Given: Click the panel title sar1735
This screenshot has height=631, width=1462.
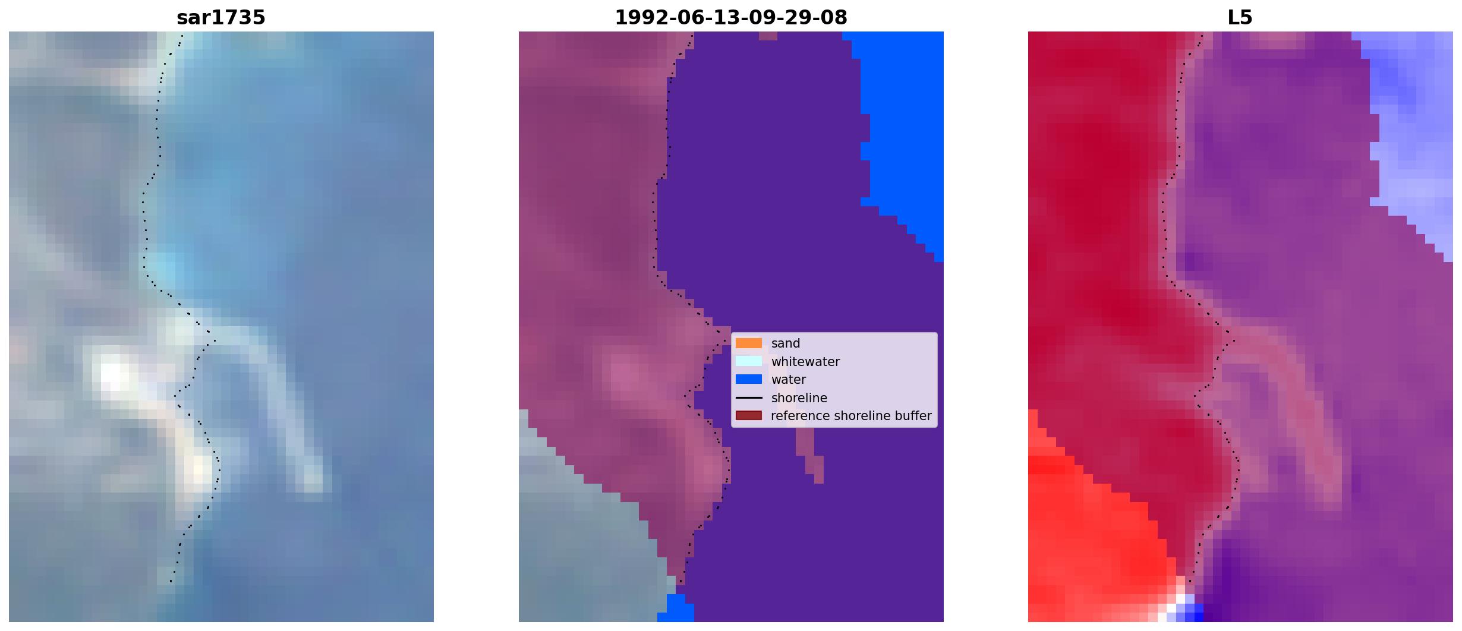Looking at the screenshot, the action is tap(221, 17).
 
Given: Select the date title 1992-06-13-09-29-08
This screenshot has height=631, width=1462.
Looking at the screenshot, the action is tap(731, 17).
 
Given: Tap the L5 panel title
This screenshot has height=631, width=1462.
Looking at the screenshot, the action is tap(1240, 17).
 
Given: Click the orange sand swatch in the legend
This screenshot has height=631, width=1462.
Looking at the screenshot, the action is tap(749, 343).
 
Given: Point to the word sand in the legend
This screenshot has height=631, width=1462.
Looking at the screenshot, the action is tap(786, 343).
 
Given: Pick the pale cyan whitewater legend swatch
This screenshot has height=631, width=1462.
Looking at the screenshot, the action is tap(749, 361).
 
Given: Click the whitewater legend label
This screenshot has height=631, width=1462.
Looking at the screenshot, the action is tap(805, 361).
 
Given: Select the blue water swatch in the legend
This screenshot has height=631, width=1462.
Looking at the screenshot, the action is tap(749, 379).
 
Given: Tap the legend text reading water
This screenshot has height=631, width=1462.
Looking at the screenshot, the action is tap(789, 380).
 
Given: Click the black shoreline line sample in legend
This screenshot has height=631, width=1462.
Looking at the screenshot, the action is tap(749, 397).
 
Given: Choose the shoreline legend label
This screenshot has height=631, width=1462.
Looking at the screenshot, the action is tap(799, 397).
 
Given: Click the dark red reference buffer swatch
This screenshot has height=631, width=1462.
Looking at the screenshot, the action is tap(749, 416).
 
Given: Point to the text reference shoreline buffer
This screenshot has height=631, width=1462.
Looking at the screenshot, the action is tap(851, 416).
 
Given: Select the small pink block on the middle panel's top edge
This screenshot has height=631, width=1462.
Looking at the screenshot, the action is tap(768, 36).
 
